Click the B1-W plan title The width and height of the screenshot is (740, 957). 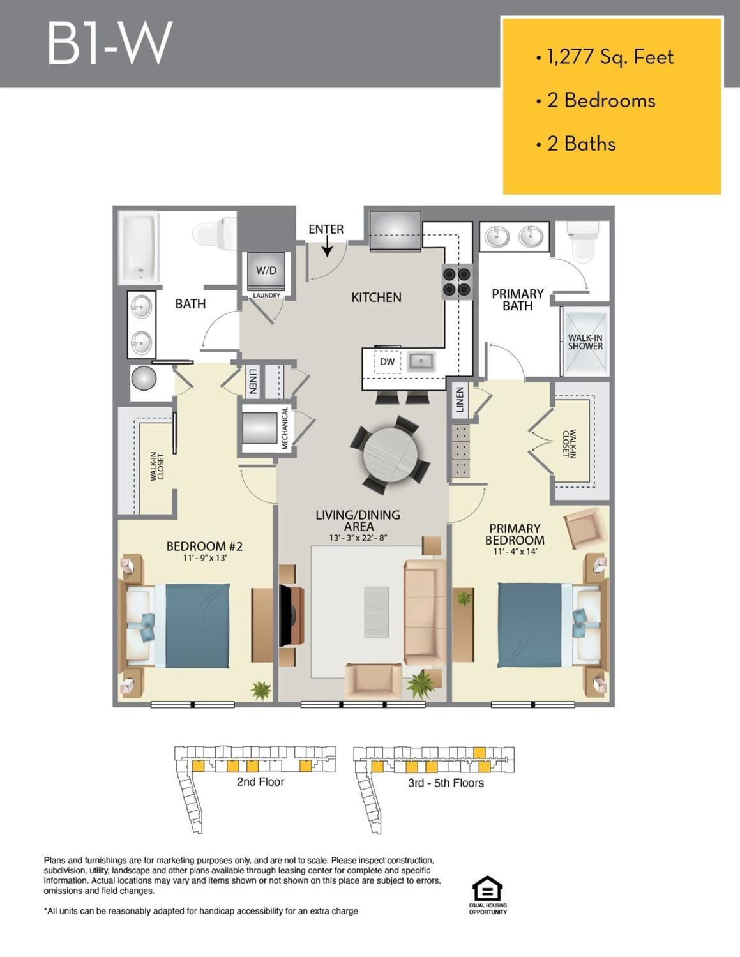coord(109,43)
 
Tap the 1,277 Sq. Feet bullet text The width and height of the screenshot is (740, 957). coord(610,57)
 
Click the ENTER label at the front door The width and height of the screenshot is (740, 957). coord(326,229)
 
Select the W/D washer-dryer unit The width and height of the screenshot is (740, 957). coord(266,271)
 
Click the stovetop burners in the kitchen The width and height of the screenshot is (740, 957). coord(457,282)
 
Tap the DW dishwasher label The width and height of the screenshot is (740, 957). coord(387,361)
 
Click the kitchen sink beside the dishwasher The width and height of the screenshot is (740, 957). coord(421,362)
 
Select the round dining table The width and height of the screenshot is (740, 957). coord(390,455)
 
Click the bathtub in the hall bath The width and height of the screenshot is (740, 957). coord(139,248)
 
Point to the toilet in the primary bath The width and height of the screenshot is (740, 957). coord(583,242)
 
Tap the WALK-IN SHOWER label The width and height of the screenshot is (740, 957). coord(585,342)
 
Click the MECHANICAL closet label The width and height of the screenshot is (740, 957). coord(285,428)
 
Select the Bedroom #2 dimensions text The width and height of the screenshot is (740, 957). coord(205,558)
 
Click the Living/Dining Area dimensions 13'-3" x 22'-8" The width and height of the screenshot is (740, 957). coord(358,538)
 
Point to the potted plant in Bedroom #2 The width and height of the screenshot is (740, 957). coord(261,690)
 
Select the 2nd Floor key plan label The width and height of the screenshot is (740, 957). coord(261,781)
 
